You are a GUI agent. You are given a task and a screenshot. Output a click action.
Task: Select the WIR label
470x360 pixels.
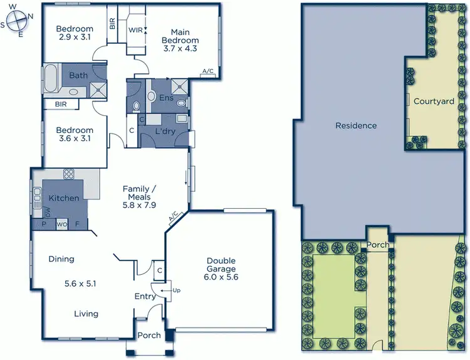coord(135,29)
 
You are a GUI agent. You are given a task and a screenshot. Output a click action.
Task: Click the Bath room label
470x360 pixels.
coord(78,75)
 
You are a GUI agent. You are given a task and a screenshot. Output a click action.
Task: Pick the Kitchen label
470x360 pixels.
coord(65,198)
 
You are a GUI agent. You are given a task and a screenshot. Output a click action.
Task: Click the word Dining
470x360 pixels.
coord(61,258)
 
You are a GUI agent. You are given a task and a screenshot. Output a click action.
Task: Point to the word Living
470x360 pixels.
coord(85,314)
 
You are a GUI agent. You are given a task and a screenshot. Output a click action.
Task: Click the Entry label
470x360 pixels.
coord(145,296)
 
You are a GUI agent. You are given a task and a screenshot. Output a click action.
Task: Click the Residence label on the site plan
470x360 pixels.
coord(356,125)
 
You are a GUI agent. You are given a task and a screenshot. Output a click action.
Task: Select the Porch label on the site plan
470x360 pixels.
coord(378,245)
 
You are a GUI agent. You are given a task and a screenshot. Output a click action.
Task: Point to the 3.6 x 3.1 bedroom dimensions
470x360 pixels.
coord(74,139)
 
